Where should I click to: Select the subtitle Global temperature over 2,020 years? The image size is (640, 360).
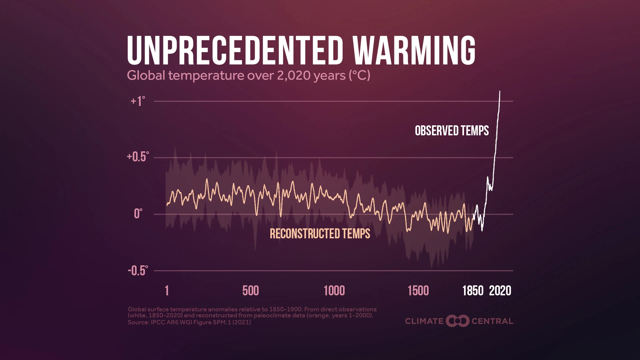(x=248, y=75)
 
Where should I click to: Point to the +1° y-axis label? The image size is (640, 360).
(x=138, y=101)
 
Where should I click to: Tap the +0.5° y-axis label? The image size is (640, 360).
(x=138, y=157)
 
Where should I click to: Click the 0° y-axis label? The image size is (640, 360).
(x=138, y=214)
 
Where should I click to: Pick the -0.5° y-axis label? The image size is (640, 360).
(x=138, y=271)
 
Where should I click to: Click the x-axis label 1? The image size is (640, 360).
(x=167, y=291)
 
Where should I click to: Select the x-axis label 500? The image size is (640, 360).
(x=250, y=291)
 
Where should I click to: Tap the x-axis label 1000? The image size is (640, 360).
(x=334, y=291)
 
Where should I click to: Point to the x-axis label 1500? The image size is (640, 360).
(x=418, y=291)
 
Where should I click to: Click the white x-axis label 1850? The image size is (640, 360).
(x=473, y=291)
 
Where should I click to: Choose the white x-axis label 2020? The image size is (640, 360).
(x=500, y=291)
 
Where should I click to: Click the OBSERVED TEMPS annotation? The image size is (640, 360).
(x=452, y=131)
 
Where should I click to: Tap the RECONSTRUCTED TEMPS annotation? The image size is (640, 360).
(x=320, y=234)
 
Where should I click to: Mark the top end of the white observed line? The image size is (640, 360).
(x=500, y=91)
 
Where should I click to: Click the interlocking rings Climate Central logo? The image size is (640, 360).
(x=457, y=321)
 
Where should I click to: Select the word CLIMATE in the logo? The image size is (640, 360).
(x=424, y=321)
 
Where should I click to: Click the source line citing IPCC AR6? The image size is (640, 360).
(x=189, y=322)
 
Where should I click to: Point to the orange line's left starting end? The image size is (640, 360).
(x=167, y=205)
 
